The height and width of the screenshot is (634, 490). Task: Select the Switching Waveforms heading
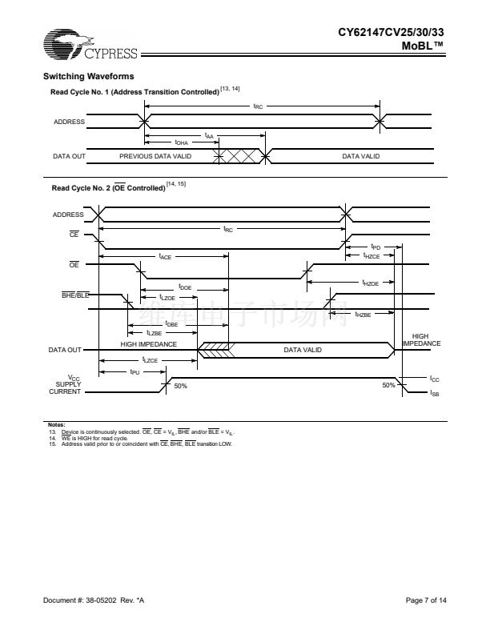tap(88, 76)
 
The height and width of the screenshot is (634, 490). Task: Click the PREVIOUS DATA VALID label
tap(155, 156)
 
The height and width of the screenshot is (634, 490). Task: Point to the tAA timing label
tap(210, 135)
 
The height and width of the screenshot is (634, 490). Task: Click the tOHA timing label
tap(182, 142)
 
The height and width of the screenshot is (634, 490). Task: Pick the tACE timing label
tap(165, 257)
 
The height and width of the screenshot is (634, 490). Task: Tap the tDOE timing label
tap(185, 287)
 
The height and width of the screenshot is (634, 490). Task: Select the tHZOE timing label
tap(370, 283)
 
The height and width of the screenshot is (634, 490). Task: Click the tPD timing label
tap(376, 247)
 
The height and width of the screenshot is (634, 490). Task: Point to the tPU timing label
tap(136, 372)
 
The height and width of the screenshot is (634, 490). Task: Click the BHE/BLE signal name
tap(76, 295)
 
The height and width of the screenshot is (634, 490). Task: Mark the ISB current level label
tap(435, 393)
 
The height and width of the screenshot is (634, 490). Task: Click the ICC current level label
tap(435, 379)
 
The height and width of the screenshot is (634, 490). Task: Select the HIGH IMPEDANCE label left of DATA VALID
tap(149, 344)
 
